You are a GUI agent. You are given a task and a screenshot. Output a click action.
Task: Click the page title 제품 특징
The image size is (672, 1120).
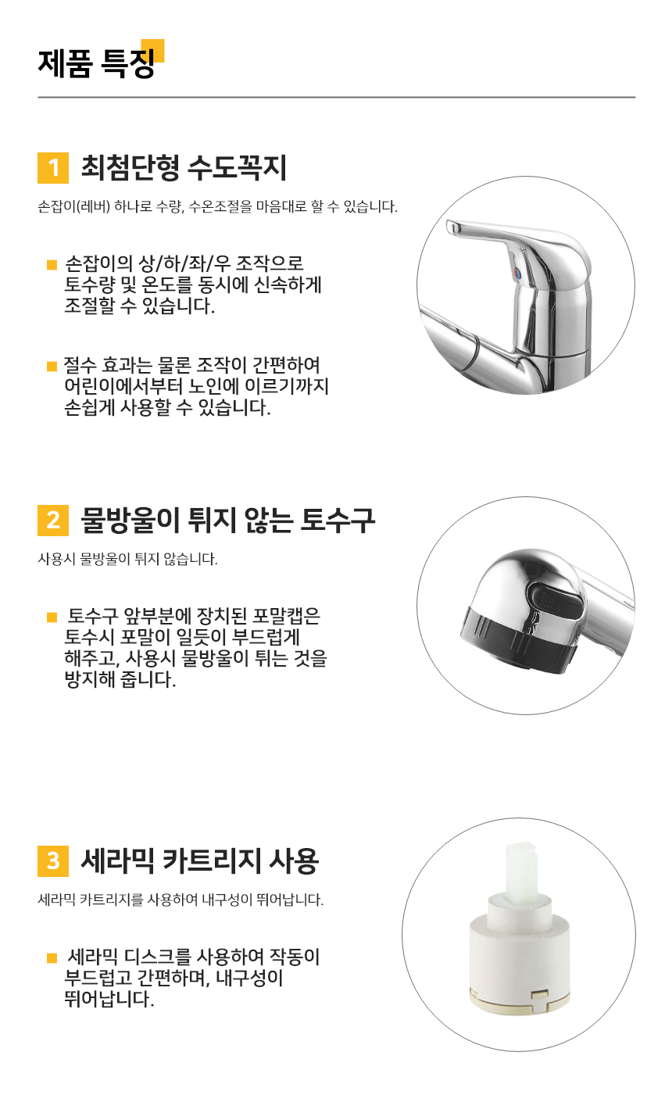coord(96,63)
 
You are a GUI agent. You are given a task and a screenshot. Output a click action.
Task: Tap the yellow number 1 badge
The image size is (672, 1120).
coord(53,168)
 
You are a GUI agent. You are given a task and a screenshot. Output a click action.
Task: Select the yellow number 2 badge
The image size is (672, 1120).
coord(53,520)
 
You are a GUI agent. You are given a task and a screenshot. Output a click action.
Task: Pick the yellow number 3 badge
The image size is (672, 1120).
coord(53,861)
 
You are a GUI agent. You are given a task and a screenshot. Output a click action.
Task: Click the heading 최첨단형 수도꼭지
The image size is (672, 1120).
coord(184,167)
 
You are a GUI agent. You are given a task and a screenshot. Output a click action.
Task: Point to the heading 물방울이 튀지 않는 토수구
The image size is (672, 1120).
coord(227,520)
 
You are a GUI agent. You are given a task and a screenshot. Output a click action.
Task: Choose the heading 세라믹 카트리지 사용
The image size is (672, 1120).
coord(199,861)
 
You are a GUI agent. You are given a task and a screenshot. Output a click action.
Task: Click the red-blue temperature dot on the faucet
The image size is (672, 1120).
coord(517,273)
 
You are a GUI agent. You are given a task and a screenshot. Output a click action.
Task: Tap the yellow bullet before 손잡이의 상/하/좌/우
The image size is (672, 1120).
coord(52,264)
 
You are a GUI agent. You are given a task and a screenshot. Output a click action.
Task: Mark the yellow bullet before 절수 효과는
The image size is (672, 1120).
coord(52,367)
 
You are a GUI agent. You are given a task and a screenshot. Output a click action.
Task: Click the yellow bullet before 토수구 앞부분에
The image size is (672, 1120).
coord(52,617)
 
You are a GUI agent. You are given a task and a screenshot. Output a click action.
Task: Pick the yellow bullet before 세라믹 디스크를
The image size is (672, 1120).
coord(52,957)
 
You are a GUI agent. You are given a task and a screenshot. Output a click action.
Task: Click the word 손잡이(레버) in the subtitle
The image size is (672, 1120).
coord(73,206)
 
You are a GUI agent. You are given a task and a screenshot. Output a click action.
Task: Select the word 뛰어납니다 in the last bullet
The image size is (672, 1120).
coord(109,999)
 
